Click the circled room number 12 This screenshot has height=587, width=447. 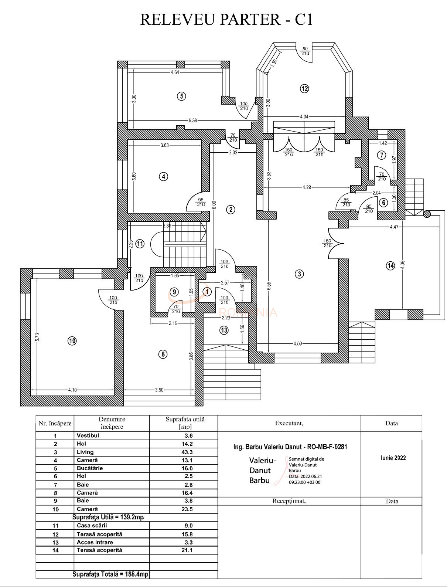pyautogui.click(x=304, y=89)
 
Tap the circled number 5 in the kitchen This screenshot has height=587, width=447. pyautogui.click(x=181, y=96)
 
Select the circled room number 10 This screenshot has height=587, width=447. pyautogui.click(x=72, y=341)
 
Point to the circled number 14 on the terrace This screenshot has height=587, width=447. pyautogui.click(x=390, y=265)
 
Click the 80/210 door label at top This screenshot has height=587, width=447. pyautogui.click(x=305, y=51)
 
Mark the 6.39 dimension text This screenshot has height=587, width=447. pyautogui.click(x=193, y=120)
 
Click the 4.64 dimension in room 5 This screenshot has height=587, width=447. pyautogui.click(x=175, y=72)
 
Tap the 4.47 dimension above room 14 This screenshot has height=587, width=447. pyautogui.click(x=394, y=227)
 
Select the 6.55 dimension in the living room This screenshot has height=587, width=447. pyautogui.click(x=269, y=286)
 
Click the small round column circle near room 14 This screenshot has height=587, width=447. pyautogui.click(x=427, y=214)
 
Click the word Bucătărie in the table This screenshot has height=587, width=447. pyautogui.click(x=90, y=468)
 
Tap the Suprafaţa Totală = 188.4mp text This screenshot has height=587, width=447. pyautogui.click(x=110, y=574)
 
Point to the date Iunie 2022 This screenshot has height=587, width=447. pyautogui.click(x=393, y=458)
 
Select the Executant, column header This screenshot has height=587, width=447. pyautogui.click(x=289, y=423)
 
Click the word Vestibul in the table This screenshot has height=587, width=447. pyautogui.click(x=88, y=435)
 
